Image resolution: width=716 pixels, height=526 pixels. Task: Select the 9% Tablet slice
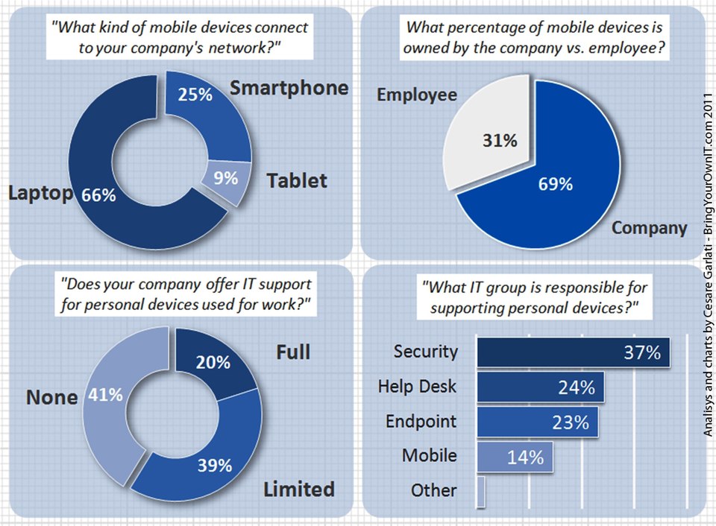click(225, 179)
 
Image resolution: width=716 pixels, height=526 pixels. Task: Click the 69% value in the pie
click(556, 184)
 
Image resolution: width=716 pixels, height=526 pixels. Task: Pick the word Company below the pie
click(649, 228)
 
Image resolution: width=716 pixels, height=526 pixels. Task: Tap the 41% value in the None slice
click(105, 395)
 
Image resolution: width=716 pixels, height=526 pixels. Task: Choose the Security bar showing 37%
click(572, 352)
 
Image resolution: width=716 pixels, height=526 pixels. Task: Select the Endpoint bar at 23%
click(537, 422)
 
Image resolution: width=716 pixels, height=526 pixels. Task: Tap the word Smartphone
click(289, 87)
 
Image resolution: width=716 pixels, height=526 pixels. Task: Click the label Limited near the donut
click(298, 489)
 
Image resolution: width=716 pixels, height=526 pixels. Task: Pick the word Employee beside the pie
click(416, 95)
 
